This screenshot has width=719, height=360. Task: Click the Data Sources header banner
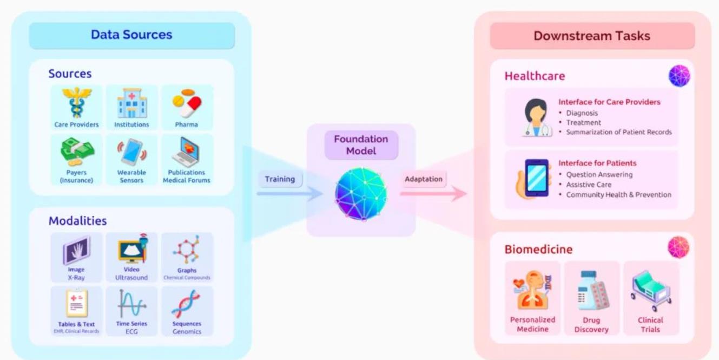coord(131,35)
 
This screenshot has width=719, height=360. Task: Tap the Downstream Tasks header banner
coord(592,36)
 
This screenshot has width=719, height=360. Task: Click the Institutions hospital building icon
coord(131,103)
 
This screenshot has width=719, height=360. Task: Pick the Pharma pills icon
coord(187,103)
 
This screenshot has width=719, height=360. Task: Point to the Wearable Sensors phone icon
coord(131,153)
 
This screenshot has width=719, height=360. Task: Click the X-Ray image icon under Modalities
coord(76,250)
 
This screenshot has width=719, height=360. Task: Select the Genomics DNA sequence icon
coord(186,303)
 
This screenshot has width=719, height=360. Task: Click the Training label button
coord(280,179)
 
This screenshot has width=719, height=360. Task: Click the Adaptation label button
coord(423,179)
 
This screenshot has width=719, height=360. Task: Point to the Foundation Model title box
coord(361,145)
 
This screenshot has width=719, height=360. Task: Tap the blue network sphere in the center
coord(361,194)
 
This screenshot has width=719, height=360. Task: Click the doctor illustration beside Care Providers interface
coord(536,117)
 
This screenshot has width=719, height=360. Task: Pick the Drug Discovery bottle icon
coord(591,293)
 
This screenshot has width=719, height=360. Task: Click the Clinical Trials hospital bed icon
coord(650,291)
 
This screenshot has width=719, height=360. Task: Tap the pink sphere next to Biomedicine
coord(678,247)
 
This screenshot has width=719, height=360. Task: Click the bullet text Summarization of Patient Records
coord(619,132)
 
